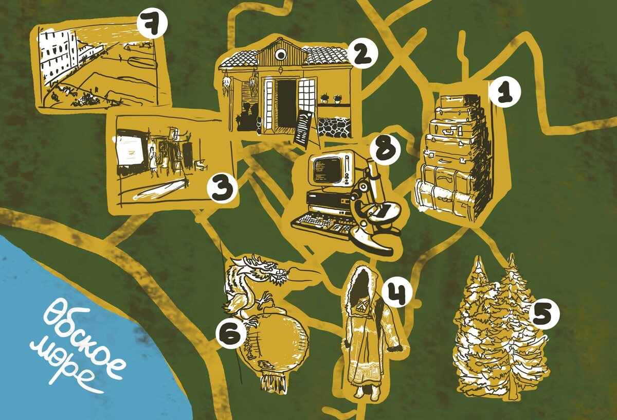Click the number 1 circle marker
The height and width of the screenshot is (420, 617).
coord(505,92)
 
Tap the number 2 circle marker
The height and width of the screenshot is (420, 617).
coord(362,53)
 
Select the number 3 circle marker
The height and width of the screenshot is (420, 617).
coord(222,188)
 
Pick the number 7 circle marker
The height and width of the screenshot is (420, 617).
coord(152,24)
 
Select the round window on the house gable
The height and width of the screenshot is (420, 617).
coord(281,56)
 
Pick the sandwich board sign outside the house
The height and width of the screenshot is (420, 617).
coord(306,130)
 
